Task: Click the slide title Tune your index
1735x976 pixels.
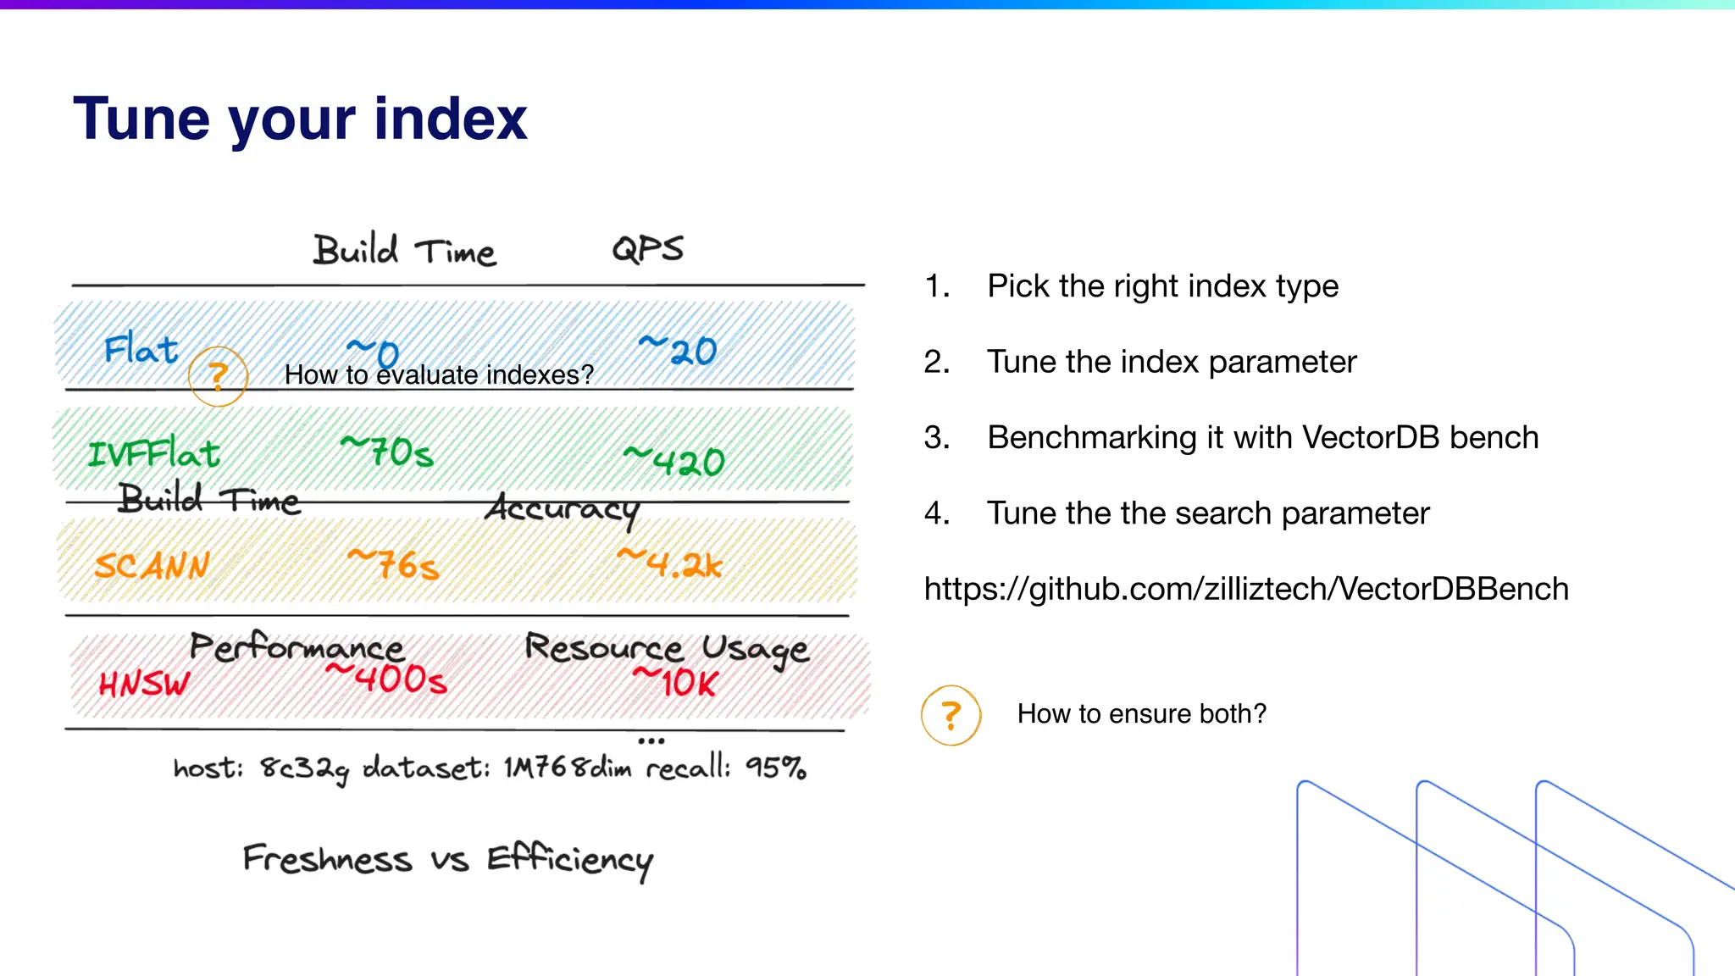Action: tap(300, 119)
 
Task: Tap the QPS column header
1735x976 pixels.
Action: tap(647, 249)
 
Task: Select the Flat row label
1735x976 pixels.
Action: tap(141, 349)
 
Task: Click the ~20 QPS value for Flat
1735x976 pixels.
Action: tap(678, 349)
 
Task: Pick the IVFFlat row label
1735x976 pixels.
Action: tap(154, 454)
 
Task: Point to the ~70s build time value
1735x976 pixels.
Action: tap(387, 452)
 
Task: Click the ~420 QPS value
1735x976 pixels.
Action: tap(674, 461)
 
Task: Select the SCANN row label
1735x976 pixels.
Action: tap(152, 566)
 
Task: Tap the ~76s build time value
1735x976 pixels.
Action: tap(394, 564)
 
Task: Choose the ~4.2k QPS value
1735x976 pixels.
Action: tap(670, 563)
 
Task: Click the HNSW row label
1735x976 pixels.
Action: tap(144, 683)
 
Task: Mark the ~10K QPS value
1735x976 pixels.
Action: tap(676, 681)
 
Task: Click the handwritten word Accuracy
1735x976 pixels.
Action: tap(562, 508)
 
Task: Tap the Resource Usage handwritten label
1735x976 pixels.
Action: tap(667, 649)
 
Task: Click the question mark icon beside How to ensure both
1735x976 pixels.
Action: tap(951, 715)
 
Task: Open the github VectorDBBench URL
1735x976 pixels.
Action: tap(1246, 589)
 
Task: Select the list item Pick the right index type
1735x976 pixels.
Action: tap(1162, 286)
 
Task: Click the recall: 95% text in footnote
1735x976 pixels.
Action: tap(726, 768)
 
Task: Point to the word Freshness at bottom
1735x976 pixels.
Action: tap(327, 859)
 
